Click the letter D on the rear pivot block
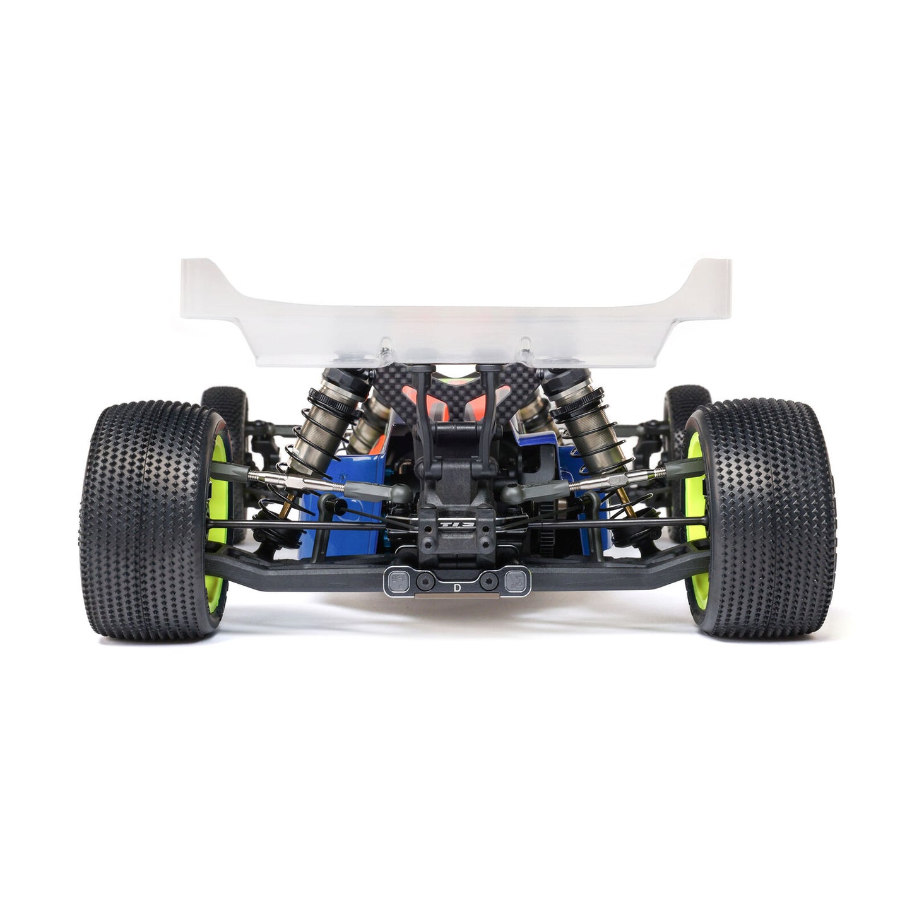tap(456, 586)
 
